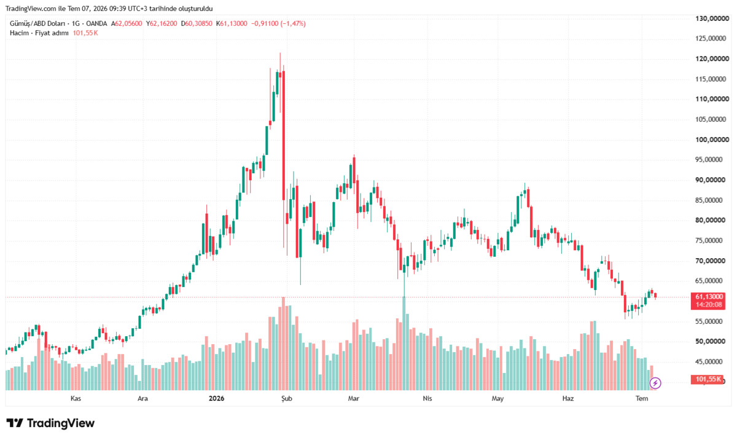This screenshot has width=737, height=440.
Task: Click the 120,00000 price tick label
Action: tap(712, 58)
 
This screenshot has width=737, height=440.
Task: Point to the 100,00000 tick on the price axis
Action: tap(712, 139)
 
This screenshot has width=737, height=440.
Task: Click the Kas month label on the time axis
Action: tap(76, 399)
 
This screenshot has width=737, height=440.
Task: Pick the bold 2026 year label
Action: tap(216, 399)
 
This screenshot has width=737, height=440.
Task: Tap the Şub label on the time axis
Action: tap(287, 399)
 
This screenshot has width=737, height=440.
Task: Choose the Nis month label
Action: tap(427, 399)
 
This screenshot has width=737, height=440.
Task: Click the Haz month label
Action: tap(568, 399)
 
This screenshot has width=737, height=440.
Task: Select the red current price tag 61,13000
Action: tap(708, 297)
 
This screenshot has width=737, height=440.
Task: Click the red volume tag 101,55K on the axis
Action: tap(708, 379)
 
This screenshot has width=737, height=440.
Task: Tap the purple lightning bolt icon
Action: tap(655, 383)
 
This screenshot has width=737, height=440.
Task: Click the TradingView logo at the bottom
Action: tap(50, 423)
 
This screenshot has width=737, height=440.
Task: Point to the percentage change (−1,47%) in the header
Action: tap(293, 24)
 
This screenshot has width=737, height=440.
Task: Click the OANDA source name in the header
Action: tap(96, 24)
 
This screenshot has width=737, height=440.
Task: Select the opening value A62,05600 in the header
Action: tap(127, 24)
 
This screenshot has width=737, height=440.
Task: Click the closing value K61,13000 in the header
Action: tap(232, 24)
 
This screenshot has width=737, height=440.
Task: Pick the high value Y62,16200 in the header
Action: tap(162, 24)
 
